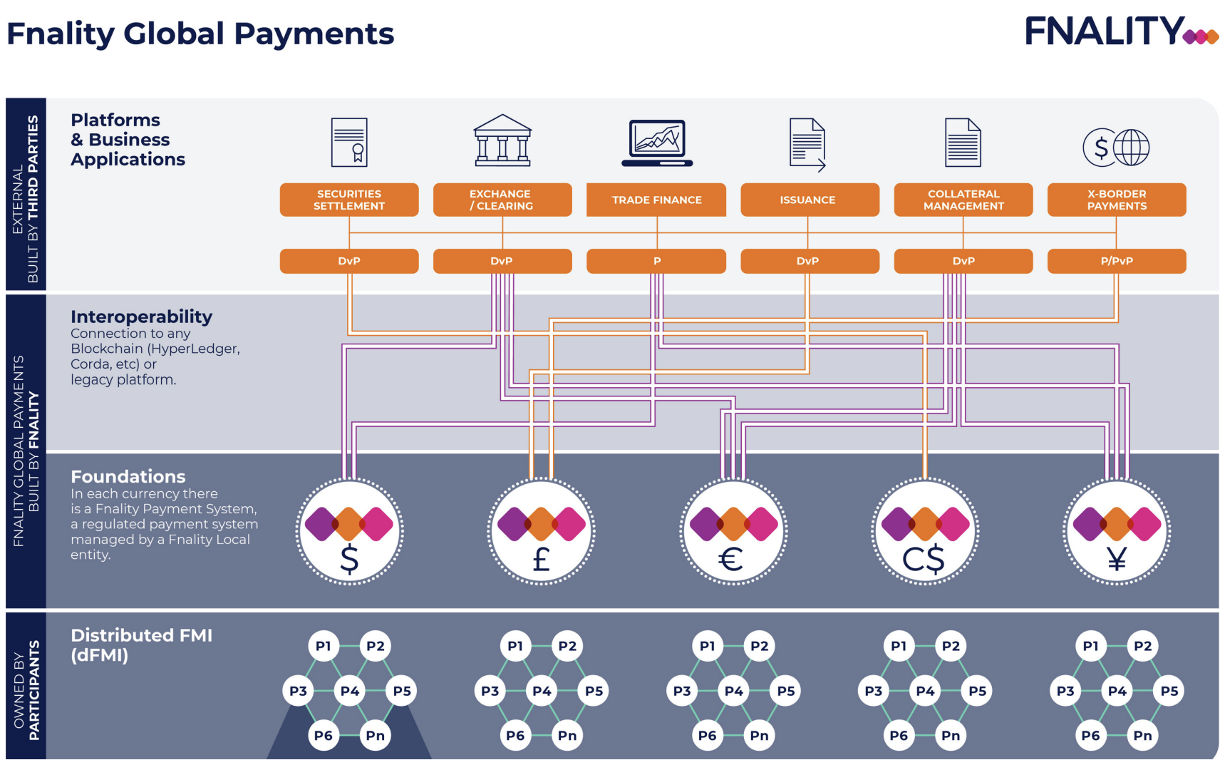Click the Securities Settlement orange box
point(349,200)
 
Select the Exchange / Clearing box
point(502,200)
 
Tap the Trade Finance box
point(656,200)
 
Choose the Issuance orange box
point(810,200)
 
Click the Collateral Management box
point(963,200)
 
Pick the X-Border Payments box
point(1117,200)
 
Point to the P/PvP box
point(1117,261)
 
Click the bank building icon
point(502,140)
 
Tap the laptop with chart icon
point(657,143)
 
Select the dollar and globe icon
point(1116,148)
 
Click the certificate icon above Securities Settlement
point(349,143)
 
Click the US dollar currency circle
point(349,532)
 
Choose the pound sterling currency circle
point(542,532)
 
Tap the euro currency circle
point(733,532)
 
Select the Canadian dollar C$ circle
point(925,532)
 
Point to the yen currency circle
point(1117,532)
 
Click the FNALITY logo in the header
point(1120,31)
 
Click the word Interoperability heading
point(141,317)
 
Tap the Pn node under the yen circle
point(1142,735)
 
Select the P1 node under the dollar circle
point(324,646)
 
